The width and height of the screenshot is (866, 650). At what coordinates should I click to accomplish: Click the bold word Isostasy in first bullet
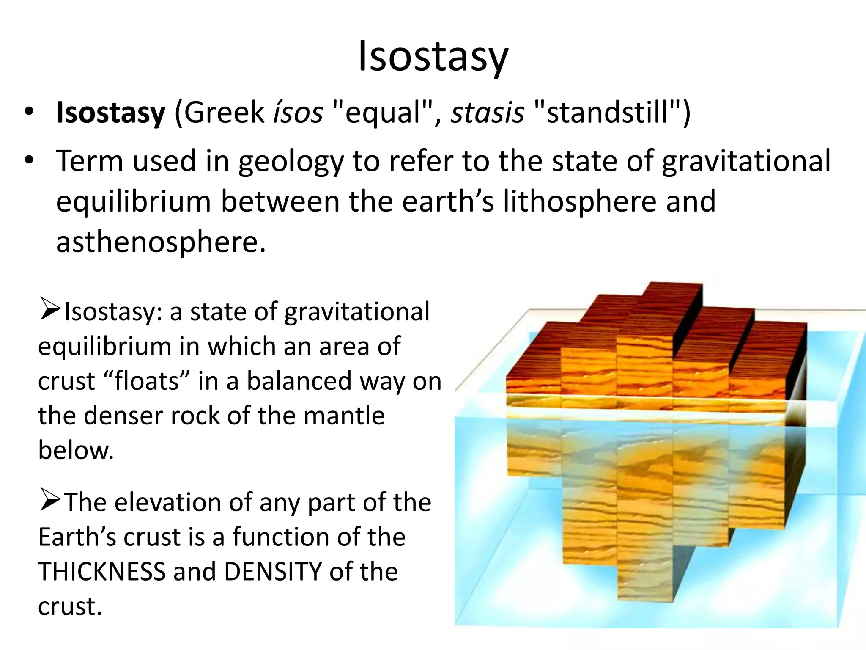point(110,113)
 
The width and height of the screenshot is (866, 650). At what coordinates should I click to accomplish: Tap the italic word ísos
point(298,113)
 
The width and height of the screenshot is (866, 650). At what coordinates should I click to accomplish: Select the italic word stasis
point(487,113)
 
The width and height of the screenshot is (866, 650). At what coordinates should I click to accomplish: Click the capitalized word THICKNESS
point(101,572)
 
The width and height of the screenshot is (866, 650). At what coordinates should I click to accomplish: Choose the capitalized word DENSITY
point(273,572)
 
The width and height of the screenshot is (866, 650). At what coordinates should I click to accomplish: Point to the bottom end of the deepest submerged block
point(645,597)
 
